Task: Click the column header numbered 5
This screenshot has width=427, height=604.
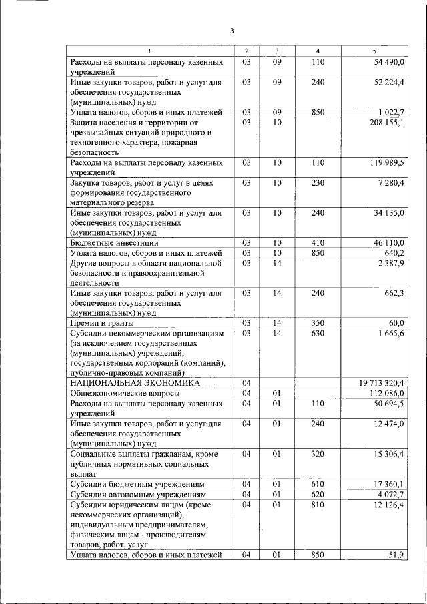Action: [374, 51]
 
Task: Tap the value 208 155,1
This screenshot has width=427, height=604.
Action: [386, 123]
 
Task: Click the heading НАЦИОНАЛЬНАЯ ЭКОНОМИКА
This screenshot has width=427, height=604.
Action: [135, 383]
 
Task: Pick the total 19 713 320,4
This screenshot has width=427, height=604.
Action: [382, 383]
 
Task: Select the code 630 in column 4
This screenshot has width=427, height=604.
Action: [318, 333]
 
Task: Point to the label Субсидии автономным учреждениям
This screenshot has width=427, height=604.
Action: [137, 494]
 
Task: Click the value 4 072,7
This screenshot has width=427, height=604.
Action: [390, 494]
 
